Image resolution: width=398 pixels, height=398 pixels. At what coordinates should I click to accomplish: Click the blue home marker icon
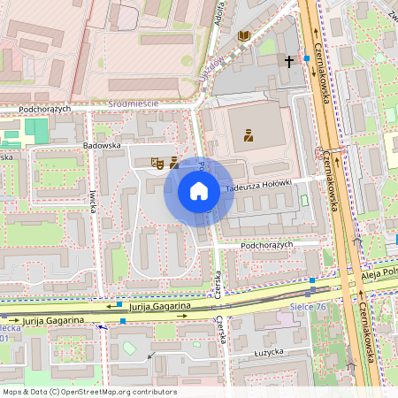[x=199, y=191]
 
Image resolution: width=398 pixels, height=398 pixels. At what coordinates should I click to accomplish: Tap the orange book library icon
[x=244, y=36]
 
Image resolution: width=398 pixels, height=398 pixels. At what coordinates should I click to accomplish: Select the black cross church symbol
[x=289, y=61]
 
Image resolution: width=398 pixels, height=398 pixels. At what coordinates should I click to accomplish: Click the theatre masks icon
[x=157, y=162]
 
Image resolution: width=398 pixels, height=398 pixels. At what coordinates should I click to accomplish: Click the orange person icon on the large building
[x=248, y=136]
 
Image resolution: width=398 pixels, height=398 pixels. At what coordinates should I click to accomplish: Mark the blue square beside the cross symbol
[x=306, y=58]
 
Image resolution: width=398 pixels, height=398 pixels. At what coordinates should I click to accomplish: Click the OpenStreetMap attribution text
[x=89, y=392]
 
